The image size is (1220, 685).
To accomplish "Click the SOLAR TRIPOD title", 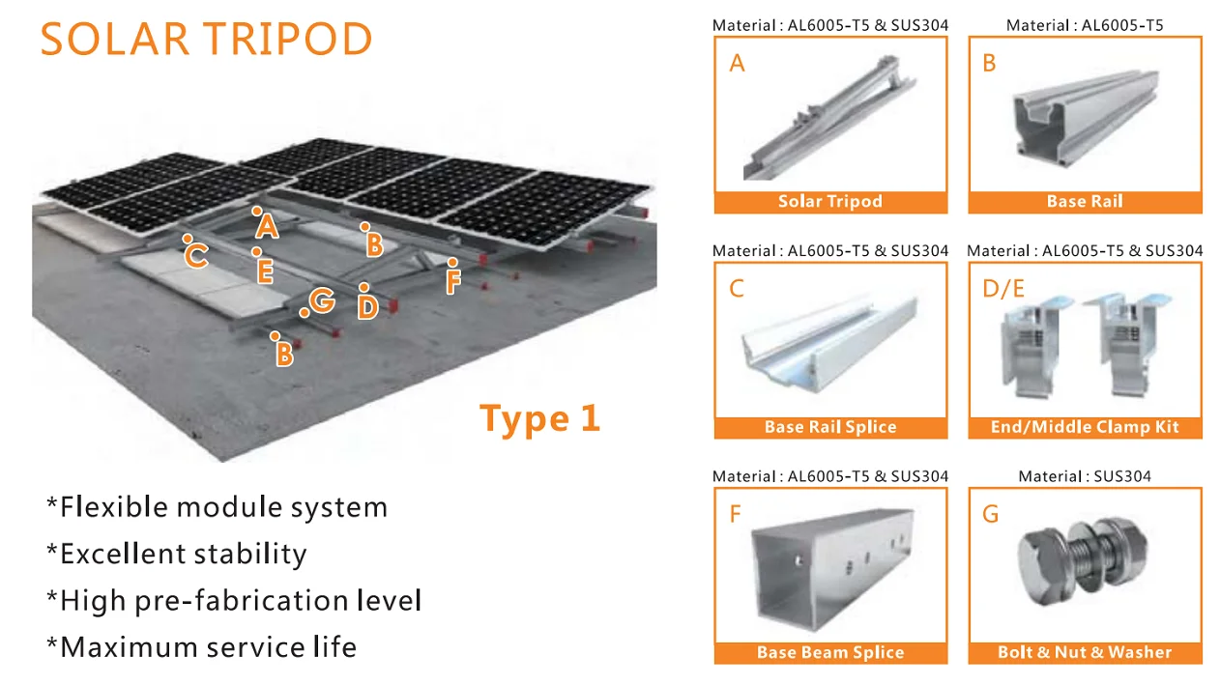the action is (206, 40).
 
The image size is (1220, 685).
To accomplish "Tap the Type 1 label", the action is (539, 418).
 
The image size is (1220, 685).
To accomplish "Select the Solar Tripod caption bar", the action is (830, 202).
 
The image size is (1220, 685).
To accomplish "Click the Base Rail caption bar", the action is (1085, 202).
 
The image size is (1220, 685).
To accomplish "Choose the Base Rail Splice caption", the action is (830, 427).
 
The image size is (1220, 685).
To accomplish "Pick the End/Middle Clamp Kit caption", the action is (1085, 427).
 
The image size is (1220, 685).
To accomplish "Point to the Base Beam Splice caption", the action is (830, 652).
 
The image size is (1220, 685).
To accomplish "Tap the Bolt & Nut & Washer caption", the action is (1085, 652).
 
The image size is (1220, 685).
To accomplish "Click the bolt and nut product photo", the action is (1085, 565).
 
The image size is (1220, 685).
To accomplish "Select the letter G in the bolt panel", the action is (990, 514).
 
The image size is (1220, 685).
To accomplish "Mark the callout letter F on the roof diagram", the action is (453, 282).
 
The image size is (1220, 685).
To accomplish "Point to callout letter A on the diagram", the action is (268, 227).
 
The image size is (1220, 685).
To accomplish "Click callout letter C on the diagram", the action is (196, 256).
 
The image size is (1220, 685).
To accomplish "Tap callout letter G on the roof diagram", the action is (323, 301).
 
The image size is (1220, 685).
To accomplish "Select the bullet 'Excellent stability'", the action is (177, 554).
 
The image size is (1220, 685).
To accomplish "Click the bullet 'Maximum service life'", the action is (201, 646).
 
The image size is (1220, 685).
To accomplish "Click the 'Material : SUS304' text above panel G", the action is (1085, 476).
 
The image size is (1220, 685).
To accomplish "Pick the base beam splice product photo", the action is (830, 565).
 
